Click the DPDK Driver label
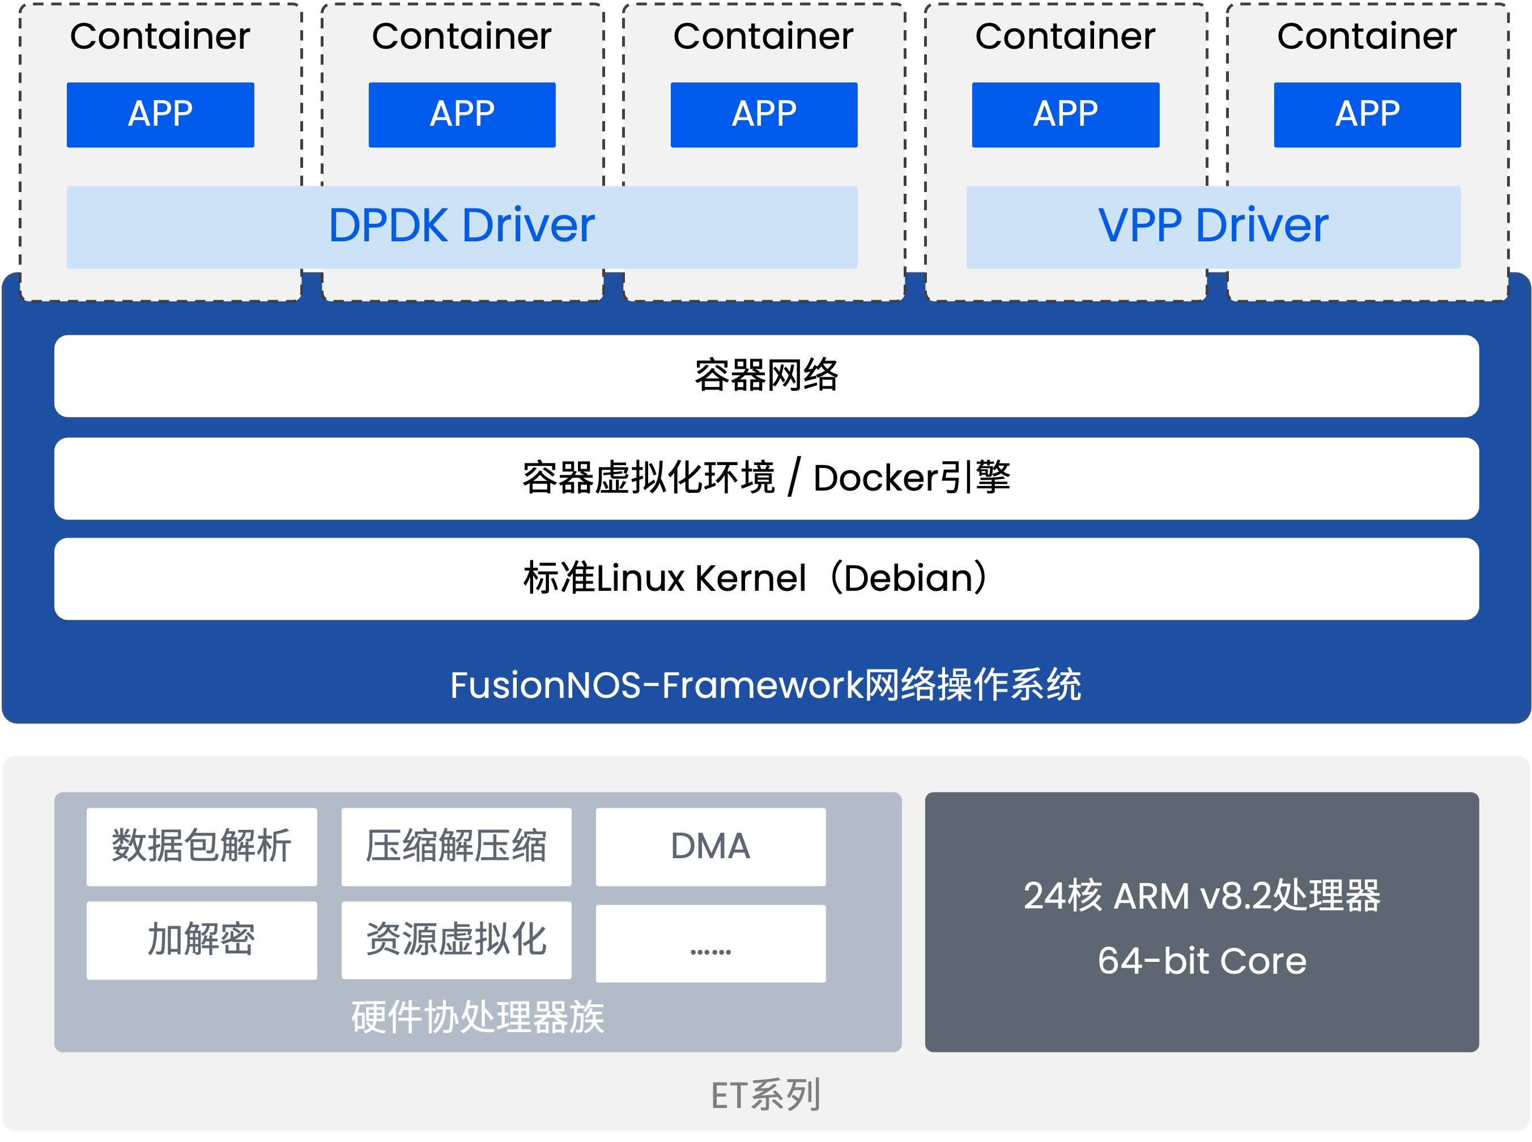click(461, 225)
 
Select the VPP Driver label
click(1212, 225)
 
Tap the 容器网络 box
click(766, 376)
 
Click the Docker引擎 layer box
click(766, 478)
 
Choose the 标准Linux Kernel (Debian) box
click(766, 578)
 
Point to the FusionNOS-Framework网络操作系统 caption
click(766, 685)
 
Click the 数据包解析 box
click(201, 846)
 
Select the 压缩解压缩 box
click(456, 846)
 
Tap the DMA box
click(710, 846)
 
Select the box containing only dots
click(710, 944)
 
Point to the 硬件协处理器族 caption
click(478, 1017)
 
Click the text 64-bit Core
click(1202, 961)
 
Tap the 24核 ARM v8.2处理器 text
click(1202, 896)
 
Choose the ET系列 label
click(766, 1095)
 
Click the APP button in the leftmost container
click(160, 115)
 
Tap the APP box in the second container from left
click(462, 115)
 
